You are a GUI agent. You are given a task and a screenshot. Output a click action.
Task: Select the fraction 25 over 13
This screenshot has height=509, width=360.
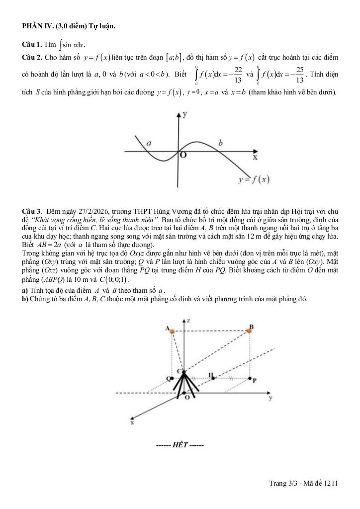click(299, 75)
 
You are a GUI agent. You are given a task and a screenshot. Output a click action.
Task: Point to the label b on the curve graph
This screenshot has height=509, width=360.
click(220, 143)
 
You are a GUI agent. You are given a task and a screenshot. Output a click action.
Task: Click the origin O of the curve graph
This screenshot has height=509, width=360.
click(183, 156)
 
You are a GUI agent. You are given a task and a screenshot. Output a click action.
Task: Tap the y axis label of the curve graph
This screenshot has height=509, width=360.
click(185, 114)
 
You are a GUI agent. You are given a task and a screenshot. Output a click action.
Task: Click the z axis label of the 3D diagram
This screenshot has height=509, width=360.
click(189, 321)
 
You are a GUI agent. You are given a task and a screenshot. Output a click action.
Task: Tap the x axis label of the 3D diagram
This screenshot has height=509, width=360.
click(132, 423)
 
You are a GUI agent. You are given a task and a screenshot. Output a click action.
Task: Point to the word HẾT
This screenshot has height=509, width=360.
click(180, 444)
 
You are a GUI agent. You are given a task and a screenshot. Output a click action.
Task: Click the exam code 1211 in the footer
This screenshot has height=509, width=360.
click(330, 483)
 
